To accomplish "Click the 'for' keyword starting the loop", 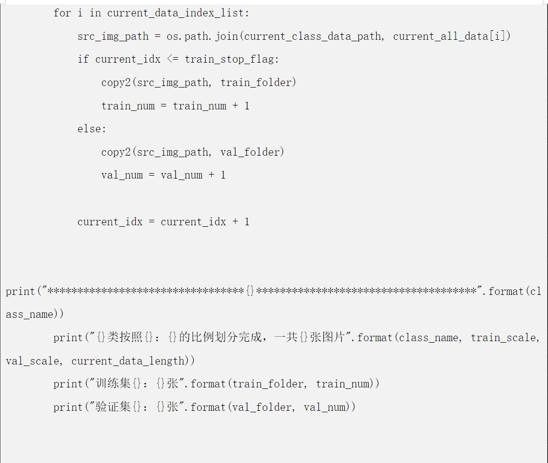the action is click(x=62, y=13).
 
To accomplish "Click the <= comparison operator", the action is click(x=172, y=59).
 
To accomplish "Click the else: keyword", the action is click(x=92, y=129).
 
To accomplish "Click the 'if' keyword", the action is click(x=83, y=59).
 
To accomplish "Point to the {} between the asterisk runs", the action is click(x=250, y=291).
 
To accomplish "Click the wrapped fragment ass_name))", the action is click(x=35, y=314).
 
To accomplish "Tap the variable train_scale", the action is click(x=504, y=338).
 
